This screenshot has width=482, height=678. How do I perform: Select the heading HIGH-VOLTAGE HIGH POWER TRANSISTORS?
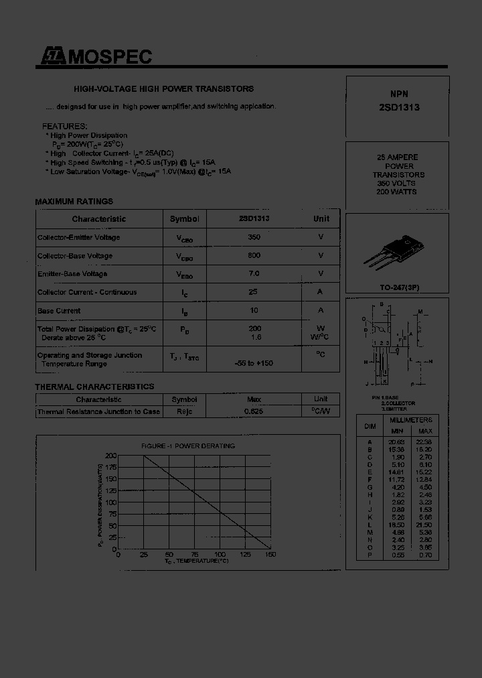(163, 88)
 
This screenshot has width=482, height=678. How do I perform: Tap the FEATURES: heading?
(64, 126)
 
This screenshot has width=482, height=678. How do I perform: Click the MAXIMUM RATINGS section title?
(74, 201)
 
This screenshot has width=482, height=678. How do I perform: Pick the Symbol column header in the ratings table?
(184, 219)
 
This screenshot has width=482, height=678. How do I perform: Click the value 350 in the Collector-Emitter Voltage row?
(254, 237)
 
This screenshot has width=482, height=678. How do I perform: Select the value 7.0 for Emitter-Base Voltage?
(254, 273)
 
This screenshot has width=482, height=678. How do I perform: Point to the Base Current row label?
(59, 311)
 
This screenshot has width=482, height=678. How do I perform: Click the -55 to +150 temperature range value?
(254, 363)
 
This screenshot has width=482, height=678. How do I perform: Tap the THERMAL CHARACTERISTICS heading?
(94, 387)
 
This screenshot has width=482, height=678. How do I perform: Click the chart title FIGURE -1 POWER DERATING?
(188, 446)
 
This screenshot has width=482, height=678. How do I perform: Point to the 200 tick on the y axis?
(110, 456)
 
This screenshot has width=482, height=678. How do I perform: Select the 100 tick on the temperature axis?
(219, 555)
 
